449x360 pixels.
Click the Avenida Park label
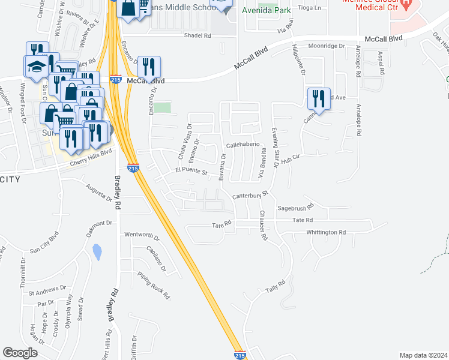[267, 11]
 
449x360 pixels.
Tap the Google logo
[20, 353]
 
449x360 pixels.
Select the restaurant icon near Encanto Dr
[148, 67]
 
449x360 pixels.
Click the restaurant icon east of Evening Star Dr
[319, 98]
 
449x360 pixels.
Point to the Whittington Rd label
[327, 232]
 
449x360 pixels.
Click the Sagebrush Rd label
[295, 208]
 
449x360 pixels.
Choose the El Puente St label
[191, 173]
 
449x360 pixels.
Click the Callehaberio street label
[243, 145]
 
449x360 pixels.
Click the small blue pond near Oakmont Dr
[97, 252]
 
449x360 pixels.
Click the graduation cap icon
[35, 67]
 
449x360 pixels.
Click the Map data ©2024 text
[423, 355]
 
